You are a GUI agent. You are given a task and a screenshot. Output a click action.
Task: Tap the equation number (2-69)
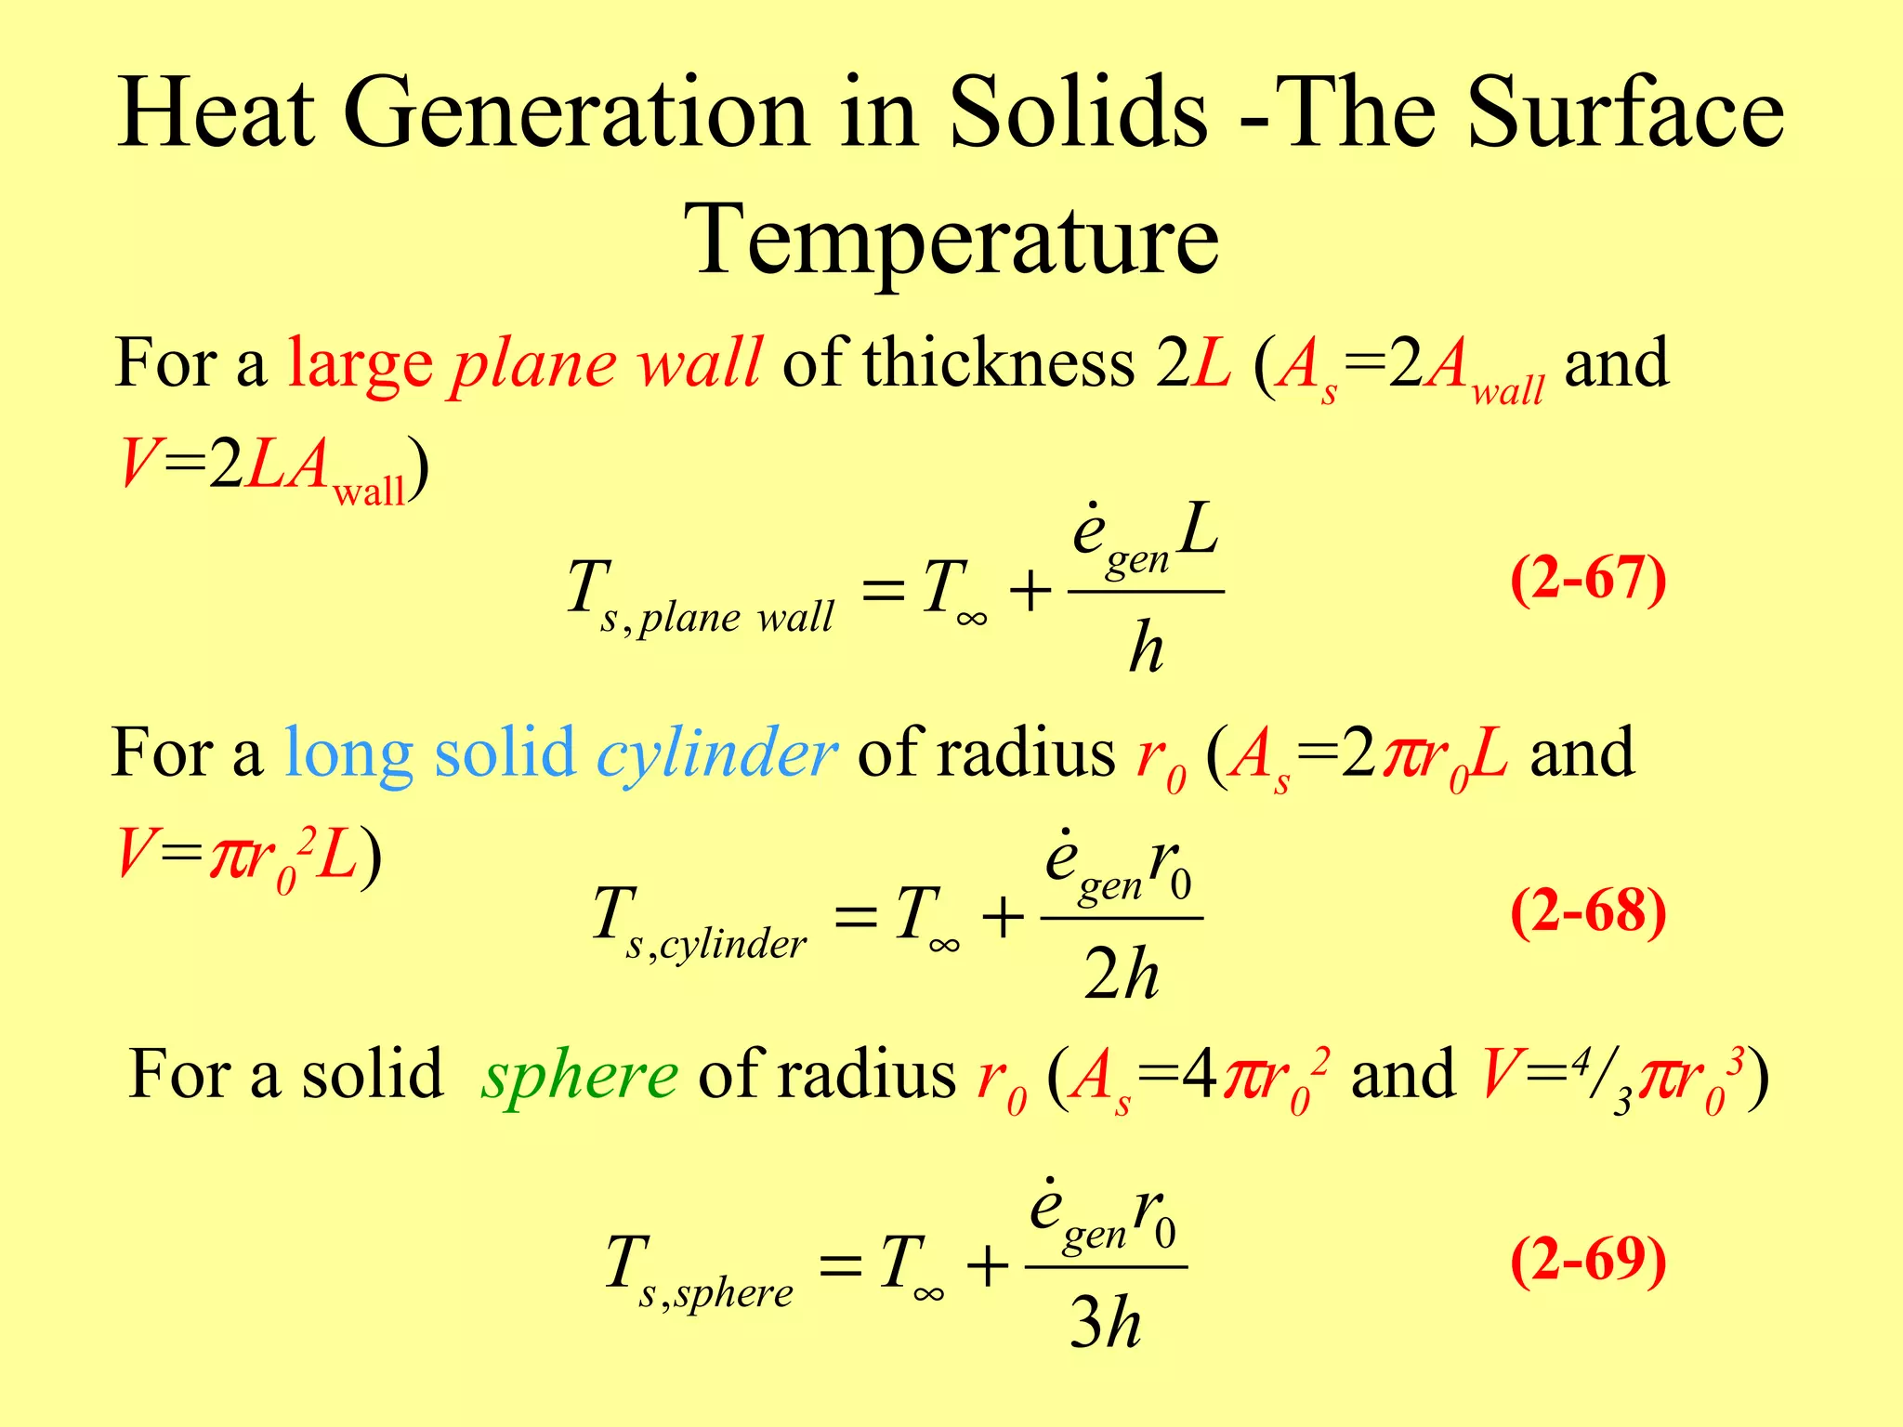[1588, 1261]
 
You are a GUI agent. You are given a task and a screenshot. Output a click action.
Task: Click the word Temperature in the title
[957, 240]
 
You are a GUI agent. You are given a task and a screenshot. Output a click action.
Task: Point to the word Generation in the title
[575, 113]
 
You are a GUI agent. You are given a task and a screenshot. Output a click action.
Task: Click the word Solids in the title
[1078, 113]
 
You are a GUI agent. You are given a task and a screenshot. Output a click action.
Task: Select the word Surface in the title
[1625, 113]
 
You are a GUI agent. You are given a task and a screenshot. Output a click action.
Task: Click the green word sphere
[579, 1076]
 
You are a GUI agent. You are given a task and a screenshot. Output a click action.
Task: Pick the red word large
[360, 364]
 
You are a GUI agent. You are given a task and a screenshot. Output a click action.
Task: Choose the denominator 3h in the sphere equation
[1105, 1322]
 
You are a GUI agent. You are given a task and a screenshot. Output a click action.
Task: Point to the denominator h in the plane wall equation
[1146, 648]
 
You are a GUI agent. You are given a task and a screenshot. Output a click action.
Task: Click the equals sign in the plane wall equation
[883, 590]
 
